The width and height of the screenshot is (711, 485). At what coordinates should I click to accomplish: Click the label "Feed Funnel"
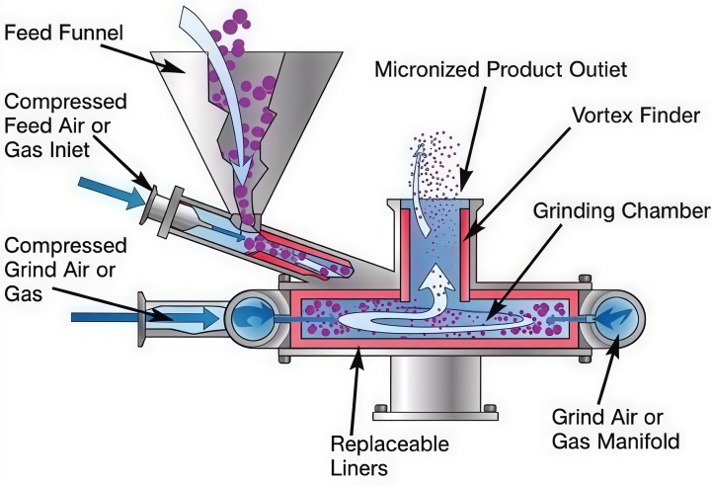click(63, 33)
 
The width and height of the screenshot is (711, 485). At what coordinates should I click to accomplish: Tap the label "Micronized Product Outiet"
click(501, 69)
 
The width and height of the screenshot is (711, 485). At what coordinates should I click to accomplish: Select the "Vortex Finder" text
click(636, 116)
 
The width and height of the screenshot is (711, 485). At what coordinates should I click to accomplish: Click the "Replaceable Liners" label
click(389, 455)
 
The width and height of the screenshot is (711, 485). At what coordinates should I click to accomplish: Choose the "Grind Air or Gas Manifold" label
click(616, 430)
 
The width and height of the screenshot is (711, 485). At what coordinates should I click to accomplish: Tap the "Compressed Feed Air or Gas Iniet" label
click(65, 125)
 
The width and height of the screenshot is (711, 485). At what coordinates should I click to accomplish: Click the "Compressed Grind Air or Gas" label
click(65, 270)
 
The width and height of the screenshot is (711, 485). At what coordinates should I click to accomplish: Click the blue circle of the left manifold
click(251, 318)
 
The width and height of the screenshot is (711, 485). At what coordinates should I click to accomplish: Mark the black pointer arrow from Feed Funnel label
click(142, 57)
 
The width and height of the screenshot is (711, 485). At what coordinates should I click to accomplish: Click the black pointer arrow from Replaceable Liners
click(355, 390)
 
